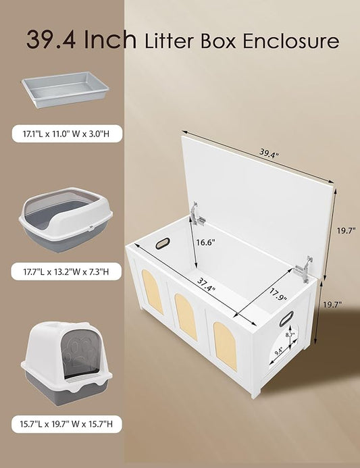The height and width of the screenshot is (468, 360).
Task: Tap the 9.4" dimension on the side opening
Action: (280, 350)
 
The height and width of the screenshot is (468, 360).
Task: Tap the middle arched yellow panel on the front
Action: (186, 316)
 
